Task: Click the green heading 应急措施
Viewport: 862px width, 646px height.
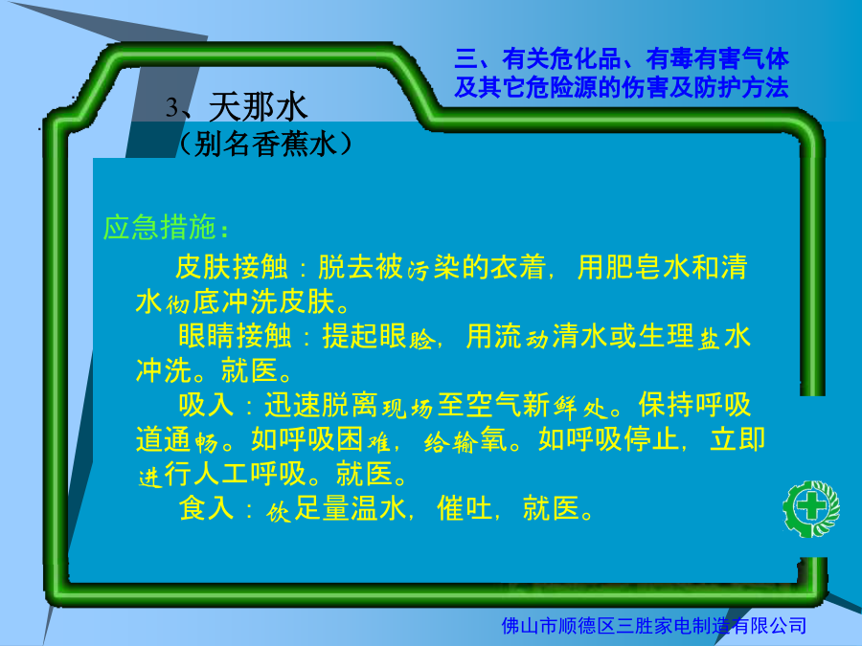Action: (x=159, y=227)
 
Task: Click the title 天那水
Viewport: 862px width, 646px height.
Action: (x=258, y=106)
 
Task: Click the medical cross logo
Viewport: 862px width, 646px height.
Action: (x=811, y=509)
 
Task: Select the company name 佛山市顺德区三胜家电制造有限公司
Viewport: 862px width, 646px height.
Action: (x=653, y=625)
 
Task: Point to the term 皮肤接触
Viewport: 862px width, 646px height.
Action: (x=232, y=267)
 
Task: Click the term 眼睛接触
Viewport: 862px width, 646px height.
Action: (x=235, y=336)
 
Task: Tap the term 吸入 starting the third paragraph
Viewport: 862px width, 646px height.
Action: (x=206, y=405)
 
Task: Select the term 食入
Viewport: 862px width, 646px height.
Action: (x=206, y=507)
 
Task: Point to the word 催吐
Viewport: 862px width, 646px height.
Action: (x=465, y=507)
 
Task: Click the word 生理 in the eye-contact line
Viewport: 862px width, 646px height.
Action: (x=666, y=336)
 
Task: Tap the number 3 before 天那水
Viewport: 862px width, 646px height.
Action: (x=172, y=107)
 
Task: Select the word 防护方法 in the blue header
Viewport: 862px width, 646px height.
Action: (x=741, y=87)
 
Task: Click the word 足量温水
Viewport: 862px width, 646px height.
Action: (x=351, y=507)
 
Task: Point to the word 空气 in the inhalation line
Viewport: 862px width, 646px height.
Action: (x=494, y=405)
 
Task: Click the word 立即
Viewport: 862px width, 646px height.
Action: (x=737, y=439)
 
